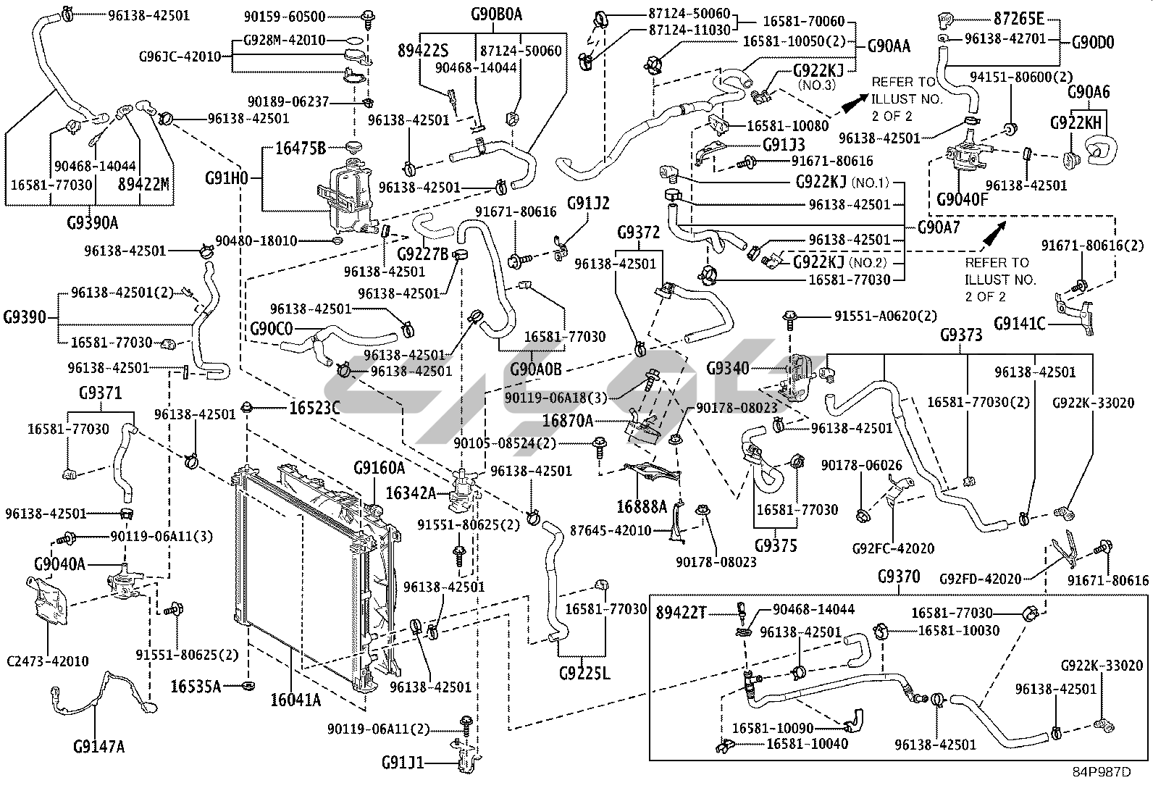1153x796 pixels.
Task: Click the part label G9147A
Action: point(99,745)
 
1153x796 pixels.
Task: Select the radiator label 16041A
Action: point(295,700)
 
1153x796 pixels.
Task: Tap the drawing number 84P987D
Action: point(1102,772)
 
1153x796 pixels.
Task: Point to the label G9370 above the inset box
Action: point(898,577)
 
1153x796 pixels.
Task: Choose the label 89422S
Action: point(423,50)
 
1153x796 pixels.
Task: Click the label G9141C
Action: point(1020,324)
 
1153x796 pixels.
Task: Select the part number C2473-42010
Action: point(48,661)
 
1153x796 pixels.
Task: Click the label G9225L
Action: point(584,674)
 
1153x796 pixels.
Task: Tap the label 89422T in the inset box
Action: point(681,613)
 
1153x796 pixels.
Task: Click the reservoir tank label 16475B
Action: point(301,148)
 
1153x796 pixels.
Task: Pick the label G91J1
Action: point(403,763)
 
